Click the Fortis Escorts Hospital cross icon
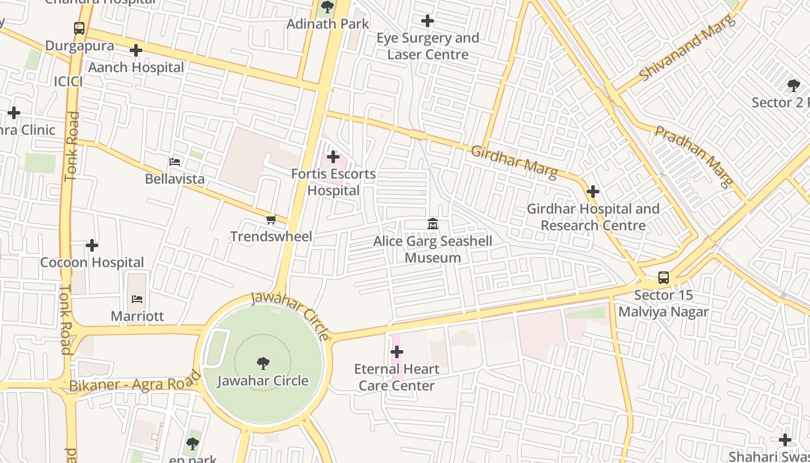333,157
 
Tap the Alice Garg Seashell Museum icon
433,223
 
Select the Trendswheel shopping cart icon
271,219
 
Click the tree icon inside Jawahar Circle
263,363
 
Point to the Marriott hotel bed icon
137,299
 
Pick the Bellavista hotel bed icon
175,162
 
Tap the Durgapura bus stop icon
79,28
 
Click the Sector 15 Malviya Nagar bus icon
664,278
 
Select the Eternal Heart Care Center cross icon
397,352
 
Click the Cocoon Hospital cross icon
92,245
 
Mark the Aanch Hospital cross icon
136,50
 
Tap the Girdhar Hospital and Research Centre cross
593,192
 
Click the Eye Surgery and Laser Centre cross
428,21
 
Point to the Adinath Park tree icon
327,8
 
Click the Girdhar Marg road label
514,161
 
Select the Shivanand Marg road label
687,49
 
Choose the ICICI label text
68,82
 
